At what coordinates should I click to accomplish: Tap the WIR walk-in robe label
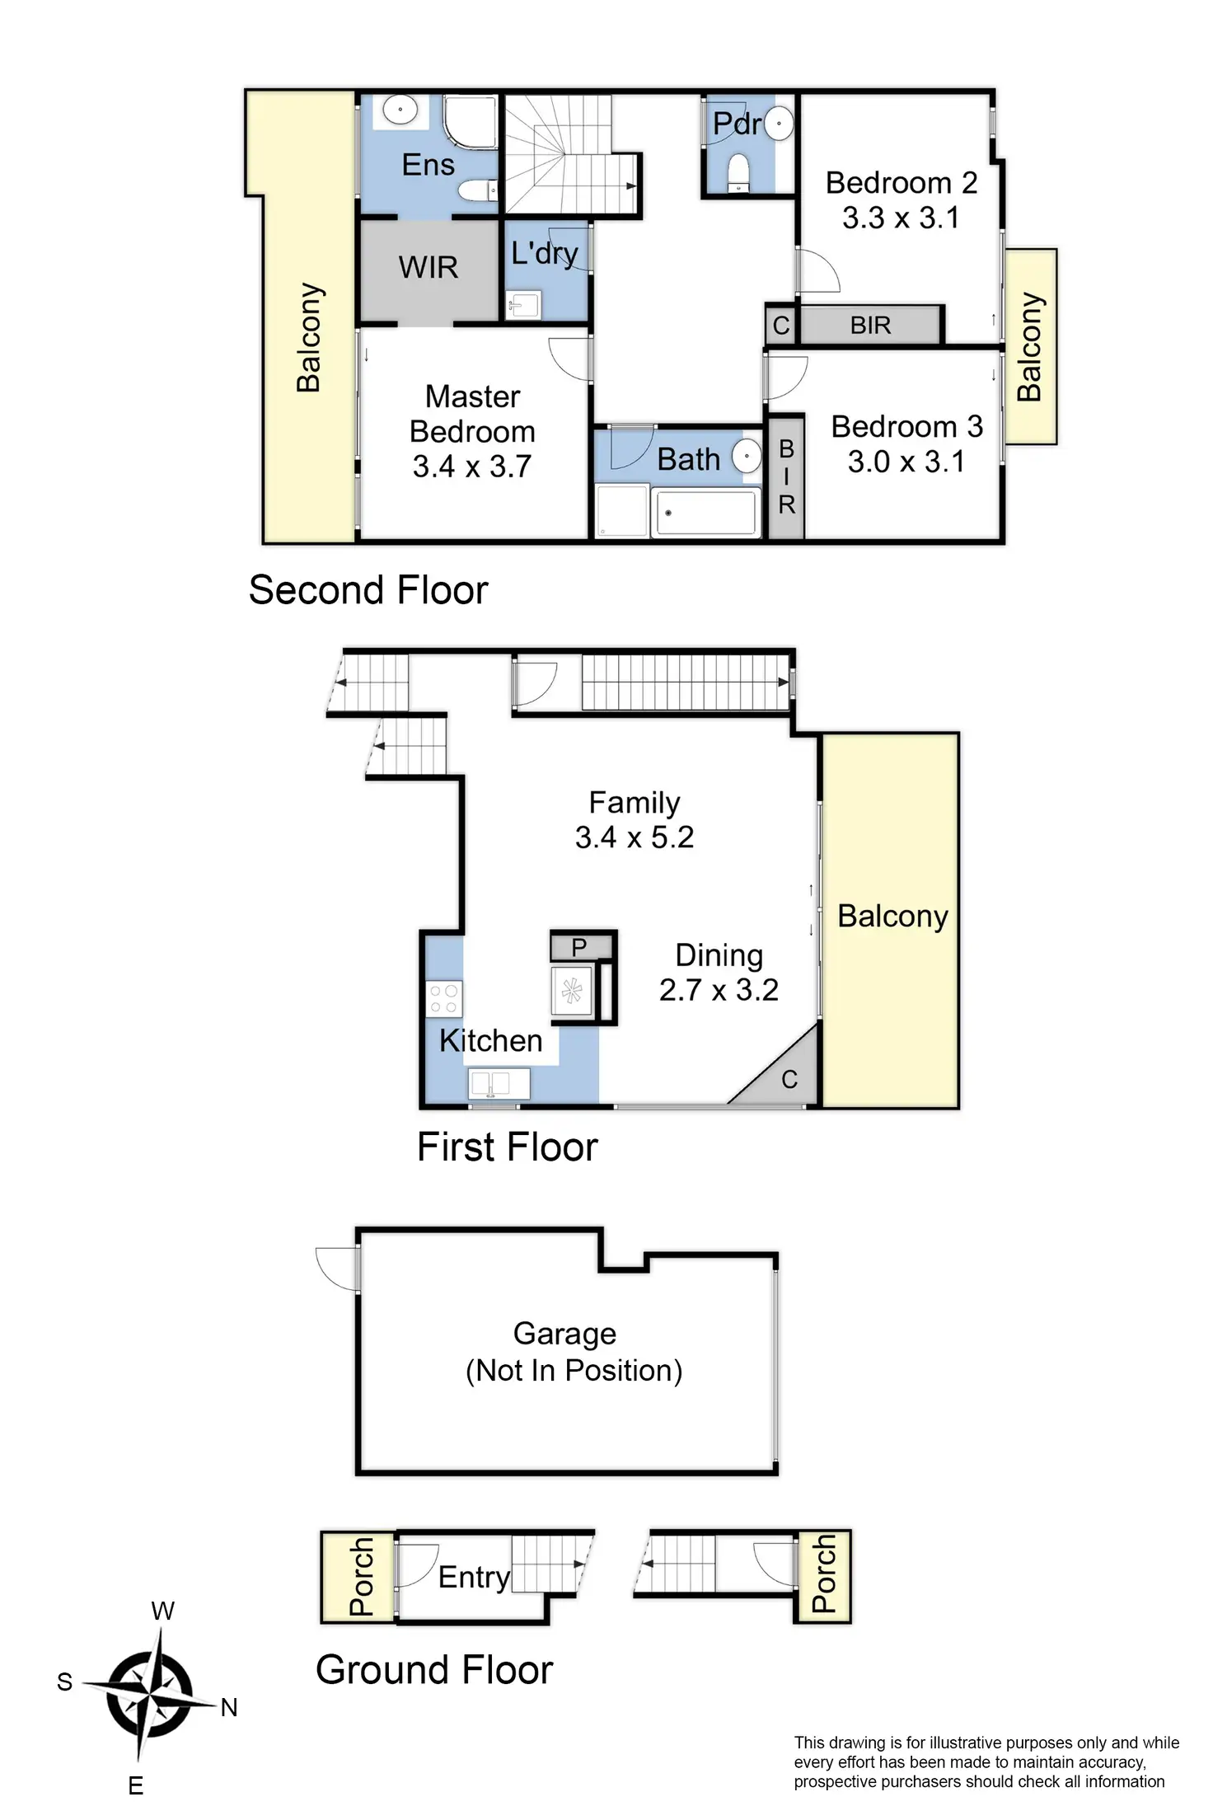point(428,267)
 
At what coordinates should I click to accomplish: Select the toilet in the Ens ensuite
point(477,191)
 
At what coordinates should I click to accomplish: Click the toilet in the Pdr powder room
point(738,172)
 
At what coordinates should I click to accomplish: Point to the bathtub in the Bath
point(705,513)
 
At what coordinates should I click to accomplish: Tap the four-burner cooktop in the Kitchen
point(444,999)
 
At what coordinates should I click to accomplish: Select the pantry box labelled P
point(579,947)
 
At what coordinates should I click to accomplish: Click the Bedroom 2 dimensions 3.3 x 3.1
point(901,218)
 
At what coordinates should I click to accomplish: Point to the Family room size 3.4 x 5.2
point(634,837)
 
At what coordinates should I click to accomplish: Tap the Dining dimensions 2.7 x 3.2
point(719,989)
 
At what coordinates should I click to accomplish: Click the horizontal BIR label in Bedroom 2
point(870,326)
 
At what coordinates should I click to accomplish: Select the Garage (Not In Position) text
point(574,1352)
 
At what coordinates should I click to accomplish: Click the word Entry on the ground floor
point(474,1577)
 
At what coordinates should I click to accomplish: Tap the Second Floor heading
point(368,590)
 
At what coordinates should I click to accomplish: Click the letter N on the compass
point(229,1707)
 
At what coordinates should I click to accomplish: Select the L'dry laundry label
point(544,253)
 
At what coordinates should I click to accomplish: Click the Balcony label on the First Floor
point(892,917)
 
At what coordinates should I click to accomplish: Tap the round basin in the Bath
point(747,456)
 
